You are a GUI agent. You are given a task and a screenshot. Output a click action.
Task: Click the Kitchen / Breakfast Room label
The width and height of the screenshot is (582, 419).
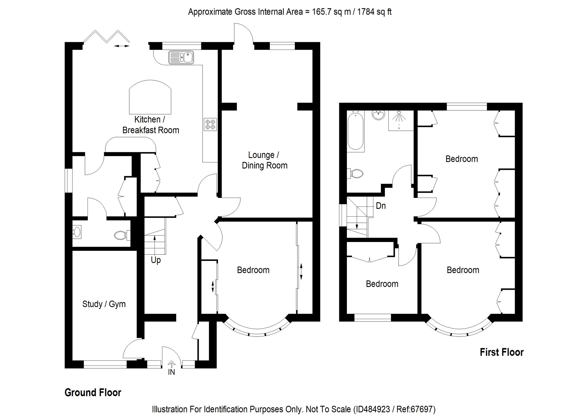150,125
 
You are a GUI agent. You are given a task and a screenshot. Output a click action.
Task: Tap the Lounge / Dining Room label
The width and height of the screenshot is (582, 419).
265,160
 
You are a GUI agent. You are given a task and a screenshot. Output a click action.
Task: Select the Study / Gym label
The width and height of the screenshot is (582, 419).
104,304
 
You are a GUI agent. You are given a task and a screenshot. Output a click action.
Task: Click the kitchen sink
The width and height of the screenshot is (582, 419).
181,57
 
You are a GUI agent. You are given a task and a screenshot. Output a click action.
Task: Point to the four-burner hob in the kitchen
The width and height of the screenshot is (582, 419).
210,124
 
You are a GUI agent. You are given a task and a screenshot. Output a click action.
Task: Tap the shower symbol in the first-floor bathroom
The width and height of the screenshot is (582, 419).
401,120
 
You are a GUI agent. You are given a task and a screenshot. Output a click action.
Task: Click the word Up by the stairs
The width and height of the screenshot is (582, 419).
156,260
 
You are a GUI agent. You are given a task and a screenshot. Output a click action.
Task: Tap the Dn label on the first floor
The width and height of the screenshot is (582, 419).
381,206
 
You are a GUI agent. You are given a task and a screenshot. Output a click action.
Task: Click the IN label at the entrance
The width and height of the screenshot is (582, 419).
171,372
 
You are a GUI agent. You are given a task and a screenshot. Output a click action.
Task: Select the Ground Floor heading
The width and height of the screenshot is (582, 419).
93,393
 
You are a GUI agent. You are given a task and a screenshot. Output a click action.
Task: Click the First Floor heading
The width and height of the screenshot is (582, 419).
502,352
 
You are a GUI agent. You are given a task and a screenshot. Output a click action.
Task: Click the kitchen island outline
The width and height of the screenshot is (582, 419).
150,97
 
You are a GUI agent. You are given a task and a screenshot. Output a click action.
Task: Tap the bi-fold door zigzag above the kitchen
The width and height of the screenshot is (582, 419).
107,36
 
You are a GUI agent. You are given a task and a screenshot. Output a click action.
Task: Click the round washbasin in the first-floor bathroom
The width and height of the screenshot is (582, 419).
378,115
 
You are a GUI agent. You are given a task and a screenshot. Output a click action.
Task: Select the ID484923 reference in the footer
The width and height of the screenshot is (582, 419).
373,409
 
